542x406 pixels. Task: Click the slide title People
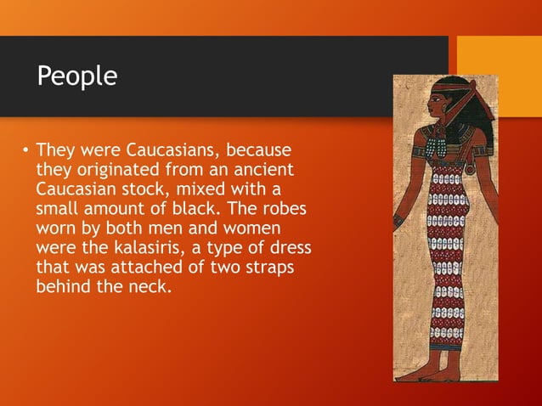point(77,76)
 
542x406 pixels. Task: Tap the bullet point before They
point(25,154)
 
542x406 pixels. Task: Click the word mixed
point(201,189)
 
